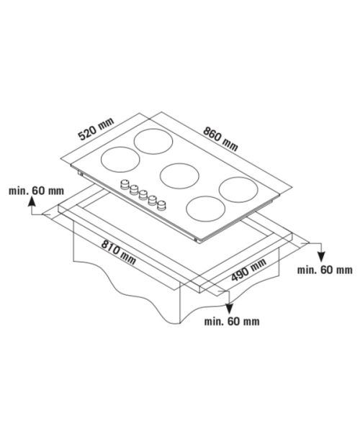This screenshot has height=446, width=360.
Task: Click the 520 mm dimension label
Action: point(96,129)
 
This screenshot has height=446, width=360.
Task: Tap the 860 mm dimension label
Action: point(220,138)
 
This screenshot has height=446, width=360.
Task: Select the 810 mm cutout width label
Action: point(119,252)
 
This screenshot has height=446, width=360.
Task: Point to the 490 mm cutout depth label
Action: point(248,269)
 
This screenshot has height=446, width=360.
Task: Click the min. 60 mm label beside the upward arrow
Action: point(37,191)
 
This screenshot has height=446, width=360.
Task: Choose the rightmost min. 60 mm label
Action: point(325,270)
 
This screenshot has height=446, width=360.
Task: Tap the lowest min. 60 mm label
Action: point(232,322)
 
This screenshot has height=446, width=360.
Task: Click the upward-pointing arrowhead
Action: point(32,201)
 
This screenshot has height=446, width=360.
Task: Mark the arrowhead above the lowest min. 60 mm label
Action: point(229,309)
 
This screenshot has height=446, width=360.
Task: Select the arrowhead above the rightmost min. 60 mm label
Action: point(321,257)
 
